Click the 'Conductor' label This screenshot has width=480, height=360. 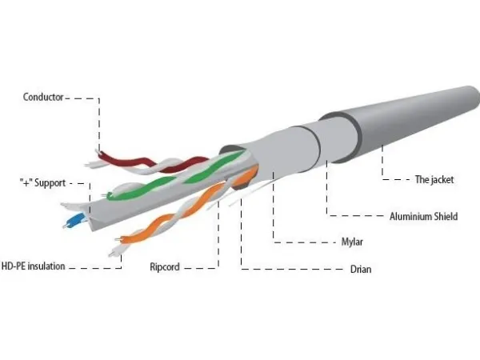coord(42,97)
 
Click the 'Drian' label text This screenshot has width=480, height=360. coord(360,270)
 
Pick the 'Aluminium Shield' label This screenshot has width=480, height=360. coord(422,217)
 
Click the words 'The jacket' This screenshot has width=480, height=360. coord(434,180)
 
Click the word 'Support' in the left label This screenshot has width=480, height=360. coord(52,182)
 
